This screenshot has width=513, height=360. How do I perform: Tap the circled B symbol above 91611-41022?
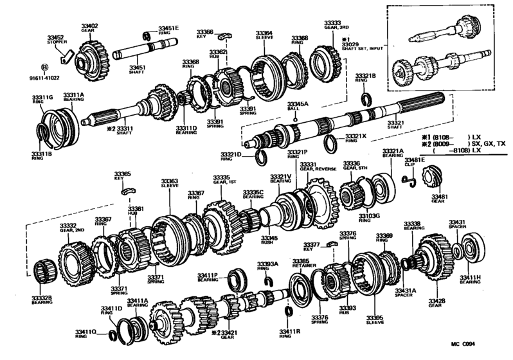click(x=44, y=66)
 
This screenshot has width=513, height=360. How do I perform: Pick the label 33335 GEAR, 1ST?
click(x=222, y=178)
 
